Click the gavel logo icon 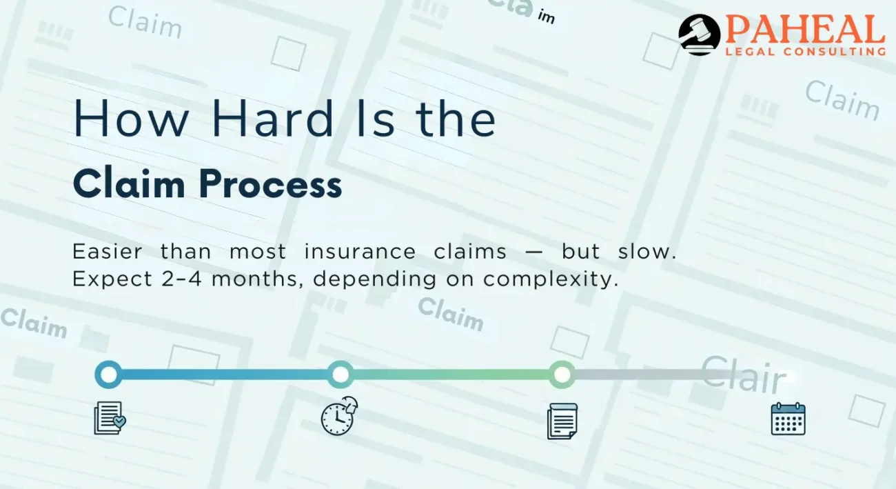[x=699, y=34]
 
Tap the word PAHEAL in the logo [x=806, y=29]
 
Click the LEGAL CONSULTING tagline [x=806, y=52]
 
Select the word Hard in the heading [x=273, y=119]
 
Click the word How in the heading [x=131, y=119]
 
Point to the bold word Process [x=270, y=183]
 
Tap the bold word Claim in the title [x=129, y=183]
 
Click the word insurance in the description [x=360, y=252]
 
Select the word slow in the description [x=647, y=252]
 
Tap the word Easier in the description [x=108, y=252]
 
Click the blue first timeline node [x=108, y=375]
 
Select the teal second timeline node [x=340, y=375]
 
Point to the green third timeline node [x=562, y=375]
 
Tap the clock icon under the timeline [x=339, y=416]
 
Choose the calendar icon [x=788, y=419]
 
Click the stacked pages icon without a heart [x=562, y=421]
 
